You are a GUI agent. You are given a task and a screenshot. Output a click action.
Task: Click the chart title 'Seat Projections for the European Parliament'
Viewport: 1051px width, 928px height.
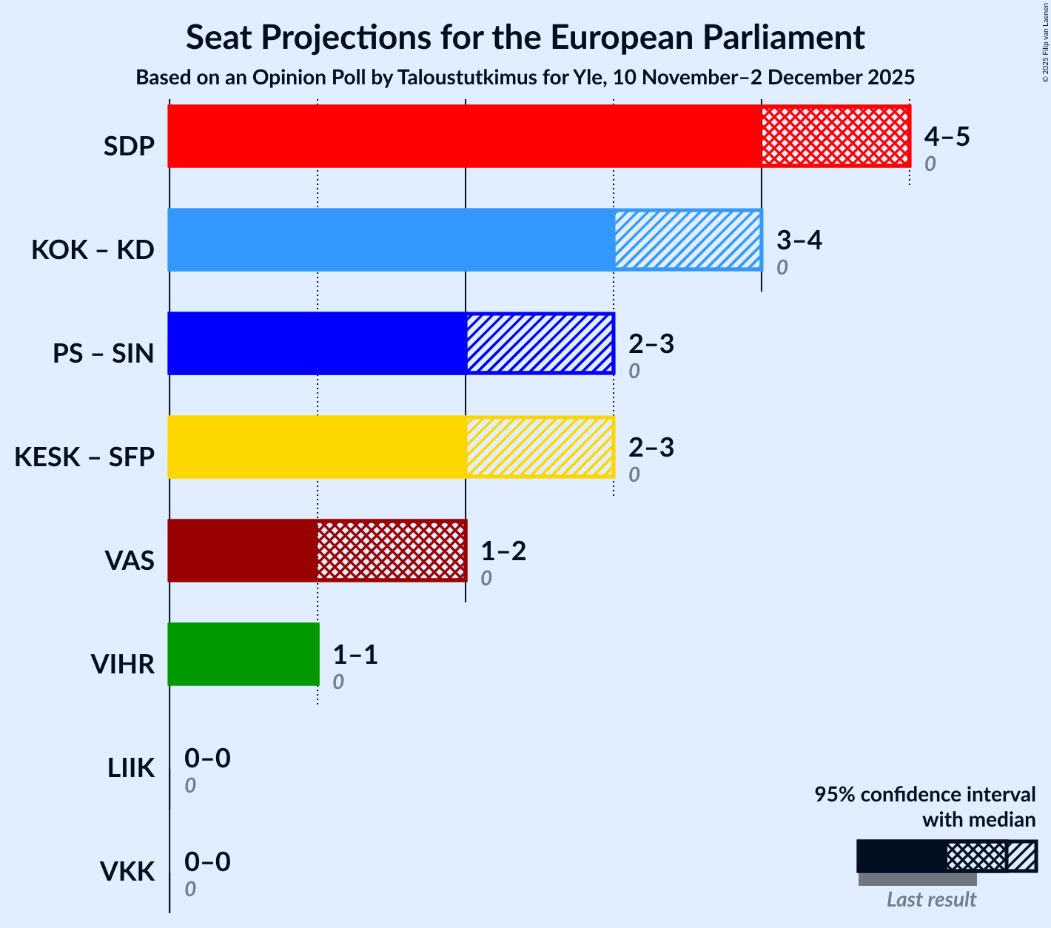point(525,37)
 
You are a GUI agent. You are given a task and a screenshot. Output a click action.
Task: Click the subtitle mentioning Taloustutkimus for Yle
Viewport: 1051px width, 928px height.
point(525,78)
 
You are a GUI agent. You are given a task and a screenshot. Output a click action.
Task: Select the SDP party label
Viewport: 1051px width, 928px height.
point(129,147)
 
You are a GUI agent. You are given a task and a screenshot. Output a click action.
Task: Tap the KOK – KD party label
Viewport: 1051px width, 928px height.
point(93,250)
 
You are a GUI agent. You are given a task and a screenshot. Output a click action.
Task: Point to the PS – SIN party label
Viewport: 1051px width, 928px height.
point(104,354)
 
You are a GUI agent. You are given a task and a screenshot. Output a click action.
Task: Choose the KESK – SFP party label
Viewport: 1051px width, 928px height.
point(84,457)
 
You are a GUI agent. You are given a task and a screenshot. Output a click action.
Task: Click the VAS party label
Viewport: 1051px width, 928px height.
point(130,561)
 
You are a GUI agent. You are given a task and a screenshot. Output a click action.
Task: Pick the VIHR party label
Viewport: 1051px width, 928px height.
point(122,665)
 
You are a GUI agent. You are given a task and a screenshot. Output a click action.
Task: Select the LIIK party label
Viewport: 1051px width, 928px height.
point(131,768)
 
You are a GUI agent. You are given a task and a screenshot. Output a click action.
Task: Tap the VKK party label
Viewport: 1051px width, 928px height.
point(127,872)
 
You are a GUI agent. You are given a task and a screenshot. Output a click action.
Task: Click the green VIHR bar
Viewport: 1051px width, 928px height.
point(244,654)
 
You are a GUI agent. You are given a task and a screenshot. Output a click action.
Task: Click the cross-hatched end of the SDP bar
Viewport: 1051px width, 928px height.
point(835,136)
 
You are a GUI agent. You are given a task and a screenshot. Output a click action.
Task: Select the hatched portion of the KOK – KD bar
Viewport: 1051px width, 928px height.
point(688,240)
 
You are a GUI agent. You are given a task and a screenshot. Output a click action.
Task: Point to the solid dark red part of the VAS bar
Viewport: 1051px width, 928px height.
point(243,551)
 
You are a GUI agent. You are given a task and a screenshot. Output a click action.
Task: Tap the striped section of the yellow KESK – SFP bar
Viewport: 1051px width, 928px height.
point(540,447)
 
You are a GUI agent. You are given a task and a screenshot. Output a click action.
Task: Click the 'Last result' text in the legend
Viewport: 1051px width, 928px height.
point(931,899)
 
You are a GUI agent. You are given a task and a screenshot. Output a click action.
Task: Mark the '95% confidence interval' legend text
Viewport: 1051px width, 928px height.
point(924,795)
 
